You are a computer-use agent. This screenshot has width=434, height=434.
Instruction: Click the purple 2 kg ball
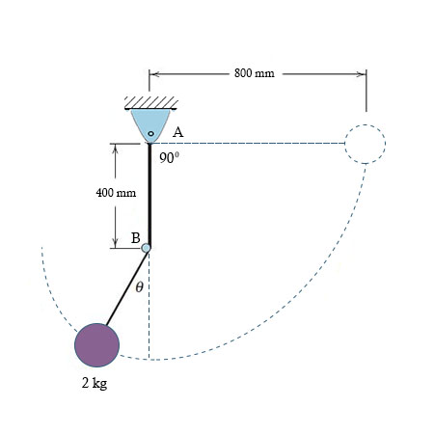point(97,344)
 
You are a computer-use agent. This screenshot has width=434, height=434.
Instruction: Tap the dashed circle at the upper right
point(366,145)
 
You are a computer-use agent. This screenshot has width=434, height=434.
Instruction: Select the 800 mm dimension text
point(254,73)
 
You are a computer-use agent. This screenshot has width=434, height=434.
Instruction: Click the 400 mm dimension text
point(116,193)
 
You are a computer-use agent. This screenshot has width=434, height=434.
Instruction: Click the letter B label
point(135,237)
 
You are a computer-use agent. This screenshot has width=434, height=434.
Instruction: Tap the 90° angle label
point(170,157)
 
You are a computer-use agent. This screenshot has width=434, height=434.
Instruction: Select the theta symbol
point(140,285)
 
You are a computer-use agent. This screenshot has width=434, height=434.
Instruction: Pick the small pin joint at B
point(147,248)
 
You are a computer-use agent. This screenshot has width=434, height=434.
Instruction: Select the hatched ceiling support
point(149,102)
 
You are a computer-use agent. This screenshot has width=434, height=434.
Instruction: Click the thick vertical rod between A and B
point(149,193)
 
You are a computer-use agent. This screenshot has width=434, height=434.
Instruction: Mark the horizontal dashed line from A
point(251,144)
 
